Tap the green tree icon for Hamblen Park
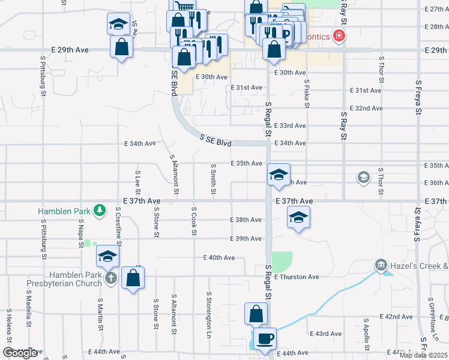100,211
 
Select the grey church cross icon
111,278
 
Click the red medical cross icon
340,37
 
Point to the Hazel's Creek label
420,265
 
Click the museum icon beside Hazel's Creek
381,265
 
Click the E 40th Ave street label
220,258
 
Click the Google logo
20,353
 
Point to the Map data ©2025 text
423,355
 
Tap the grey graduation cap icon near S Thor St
363,177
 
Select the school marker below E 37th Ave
298,218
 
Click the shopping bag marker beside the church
133,278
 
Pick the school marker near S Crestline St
107,257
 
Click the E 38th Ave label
246,220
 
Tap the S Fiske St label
306,94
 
